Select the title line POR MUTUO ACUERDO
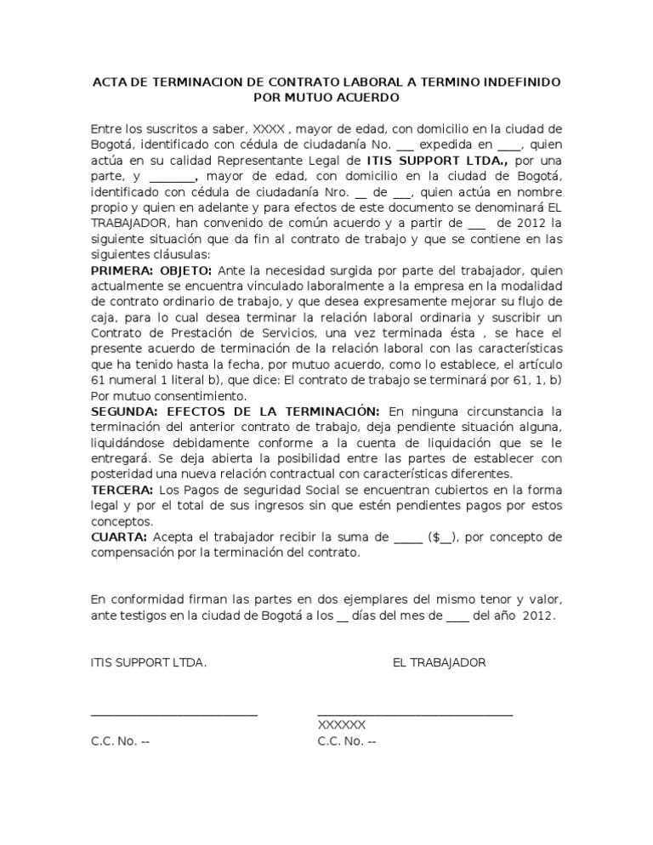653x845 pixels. pos(326,98)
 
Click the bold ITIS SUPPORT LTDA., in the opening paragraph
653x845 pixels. pos(436,161)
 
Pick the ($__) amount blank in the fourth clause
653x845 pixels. pos(440,537)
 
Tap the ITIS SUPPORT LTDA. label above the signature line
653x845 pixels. pos(148,662)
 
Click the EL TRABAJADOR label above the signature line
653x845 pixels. pos(439,662)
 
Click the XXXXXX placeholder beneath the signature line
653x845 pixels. pos(341,725)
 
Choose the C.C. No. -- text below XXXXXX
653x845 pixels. pos(346,741)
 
